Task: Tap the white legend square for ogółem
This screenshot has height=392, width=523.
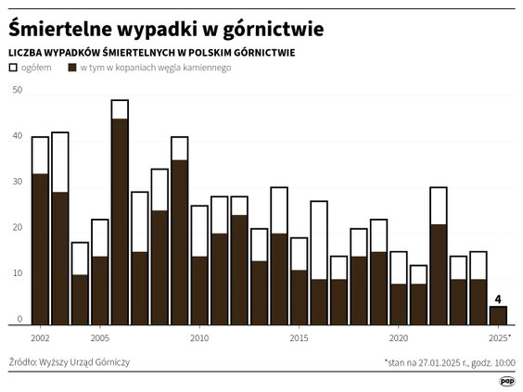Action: (13, 68)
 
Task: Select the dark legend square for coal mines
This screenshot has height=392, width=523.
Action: (72, 68)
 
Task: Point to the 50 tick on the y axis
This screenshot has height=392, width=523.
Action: (17, 90)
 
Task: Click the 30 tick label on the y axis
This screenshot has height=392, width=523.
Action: (17, 182)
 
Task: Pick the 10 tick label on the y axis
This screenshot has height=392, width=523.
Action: (17, 274)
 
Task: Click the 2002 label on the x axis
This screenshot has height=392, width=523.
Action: (40, 337)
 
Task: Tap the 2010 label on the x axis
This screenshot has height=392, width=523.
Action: (199, 337)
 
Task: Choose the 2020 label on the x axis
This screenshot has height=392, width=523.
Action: (399, 337)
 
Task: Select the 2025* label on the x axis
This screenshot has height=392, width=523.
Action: (499, 337)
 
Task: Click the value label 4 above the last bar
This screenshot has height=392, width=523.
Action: (498, 298)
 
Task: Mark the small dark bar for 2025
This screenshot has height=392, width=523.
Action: (498, 315)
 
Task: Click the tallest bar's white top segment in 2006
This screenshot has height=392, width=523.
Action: (120, 109)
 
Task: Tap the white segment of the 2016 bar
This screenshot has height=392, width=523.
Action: (319, 240)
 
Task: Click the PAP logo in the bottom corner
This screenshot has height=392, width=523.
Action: (507, 379)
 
